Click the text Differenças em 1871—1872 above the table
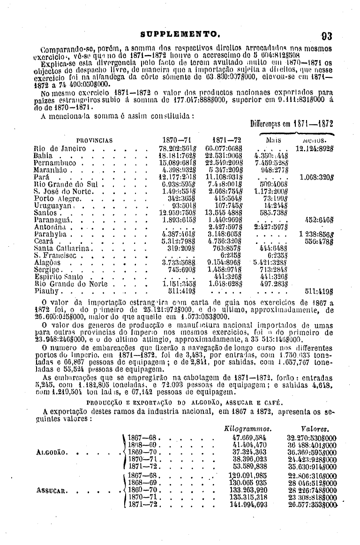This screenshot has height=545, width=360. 292,125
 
